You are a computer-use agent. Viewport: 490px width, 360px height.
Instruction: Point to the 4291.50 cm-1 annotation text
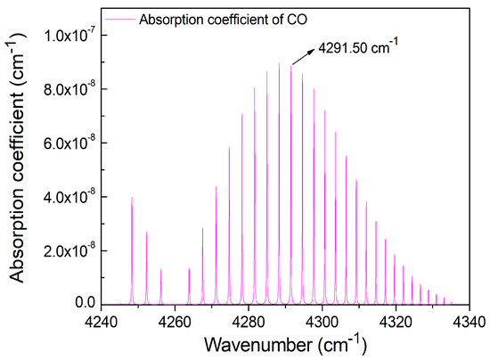[357, 42]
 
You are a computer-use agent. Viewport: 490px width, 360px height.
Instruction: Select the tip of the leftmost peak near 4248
[132, 197]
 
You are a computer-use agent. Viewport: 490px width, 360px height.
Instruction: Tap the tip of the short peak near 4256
[160, 269]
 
